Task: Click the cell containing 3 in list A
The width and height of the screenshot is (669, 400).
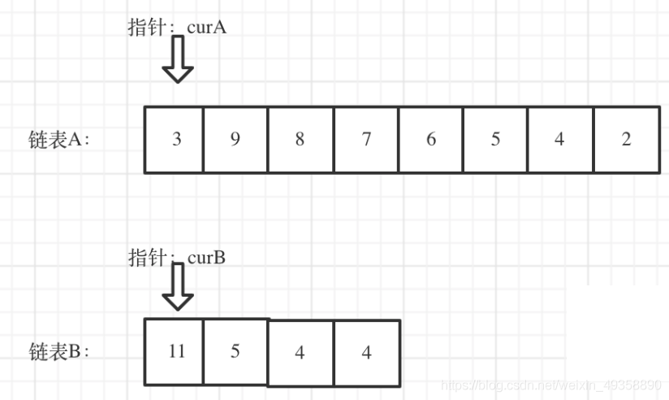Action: coord(175,139)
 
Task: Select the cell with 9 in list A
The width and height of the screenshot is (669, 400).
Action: coord(235,139)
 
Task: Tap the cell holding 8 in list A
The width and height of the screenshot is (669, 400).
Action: coord(300,139)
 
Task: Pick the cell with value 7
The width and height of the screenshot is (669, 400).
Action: coord(366,139)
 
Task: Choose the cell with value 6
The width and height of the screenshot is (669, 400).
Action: coord(431,139)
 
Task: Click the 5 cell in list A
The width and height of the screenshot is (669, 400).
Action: coord(495,139)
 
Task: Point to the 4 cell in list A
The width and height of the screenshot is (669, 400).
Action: coord(560,139)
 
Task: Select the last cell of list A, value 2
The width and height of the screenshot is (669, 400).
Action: coord(626,139)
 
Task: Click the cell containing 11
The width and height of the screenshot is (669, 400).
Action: coord(175,351)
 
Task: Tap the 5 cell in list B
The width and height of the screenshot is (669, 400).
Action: coord(235,351)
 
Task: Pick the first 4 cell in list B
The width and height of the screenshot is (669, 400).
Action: coord(300,353)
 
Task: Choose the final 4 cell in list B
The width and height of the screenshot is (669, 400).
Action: coord(367,353)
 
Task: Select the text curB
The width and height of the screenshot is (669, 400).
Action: coord(206,258)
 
